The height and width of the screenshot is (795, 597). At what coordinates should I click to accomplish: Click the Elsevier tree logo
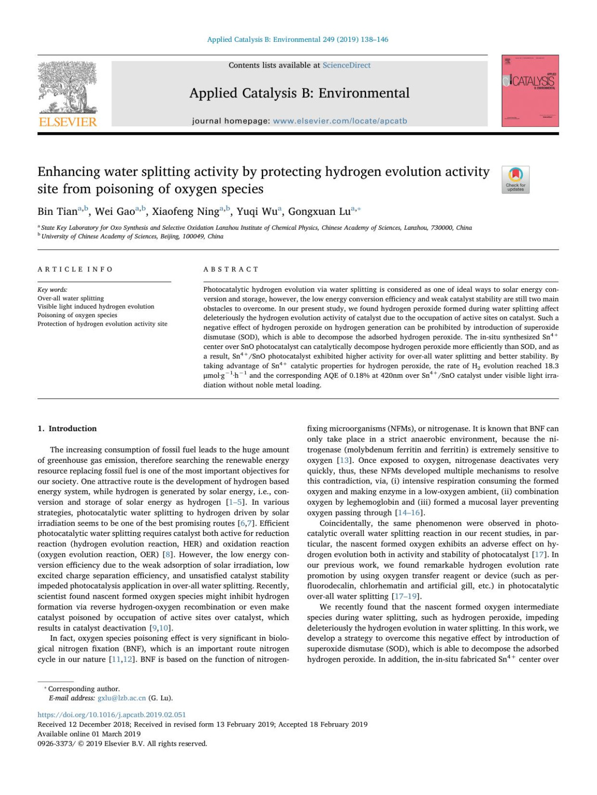[x=68, y=88]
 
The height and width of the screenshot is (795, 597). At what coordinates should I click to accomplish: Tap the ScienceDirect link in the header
[x=346, y=65]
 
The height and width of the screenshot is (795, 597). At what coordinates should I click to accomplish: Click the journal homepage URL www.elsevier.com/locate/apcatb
[x=340, y=121]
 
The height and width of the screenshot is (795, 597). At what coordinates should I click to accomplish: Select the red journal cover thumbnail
[x=530, y=90]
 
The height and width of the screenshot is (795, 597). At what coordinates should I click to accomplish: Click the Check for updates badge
[x=515, y=179]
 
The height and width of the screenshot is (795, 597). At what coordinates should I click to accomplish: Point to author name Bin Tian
[x=58, y=212]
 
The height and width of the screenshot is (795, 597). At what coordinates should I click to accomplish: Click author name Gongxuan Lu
[x=319, y=212]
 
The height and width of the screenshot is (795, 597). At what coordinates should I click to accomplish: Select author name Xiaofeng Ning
[x=186, y=212]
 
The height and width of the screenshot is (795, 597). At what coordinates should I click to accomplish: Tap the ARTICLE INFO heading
[x=75, y=269]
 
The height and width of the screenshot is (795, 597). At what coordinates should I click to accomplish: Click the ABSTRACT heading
[x=231, y=269]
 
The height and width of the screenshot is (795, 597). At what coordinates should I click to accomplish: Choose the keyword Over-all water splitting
[x=71, y=298]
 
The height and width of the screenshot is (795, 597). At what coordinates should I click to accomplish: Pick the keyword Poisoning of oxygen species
[x=78, y=315]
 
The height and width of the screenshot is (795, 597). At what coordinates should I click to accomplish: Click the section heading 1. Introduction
[x=67, y=429]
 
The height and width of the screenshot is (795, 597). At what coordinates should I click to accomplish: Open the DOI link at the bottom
[x=112, y=715]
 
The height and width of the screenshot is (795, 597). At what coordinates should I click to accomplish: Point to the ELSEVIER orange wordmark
[x=68, y=122]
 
